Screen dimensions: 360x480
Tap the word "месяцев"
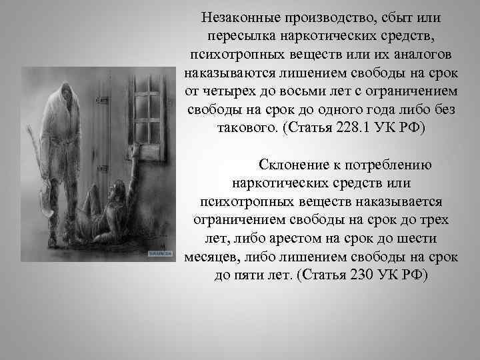(x=217, y=257)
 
